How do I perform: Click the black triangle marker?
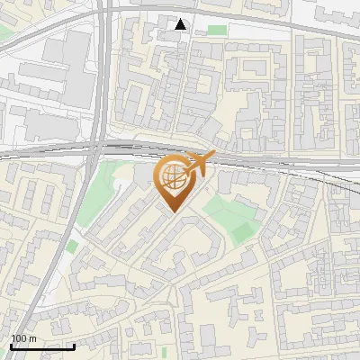(182, 24)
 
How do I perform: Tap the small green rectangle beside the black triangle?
(217, 30)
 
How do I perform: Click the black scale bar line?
(42, 346)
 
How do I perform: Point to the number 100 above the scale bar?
(18, 339)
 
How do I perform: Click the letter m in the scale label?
(31, 339)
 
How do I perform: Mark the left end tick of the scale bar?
(11, 346)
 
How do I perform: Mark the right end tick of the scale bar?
(74, 346)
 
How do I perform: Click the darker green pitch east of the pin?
(240, 230)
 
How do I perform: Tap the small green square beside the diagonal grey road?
(71, 246)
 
